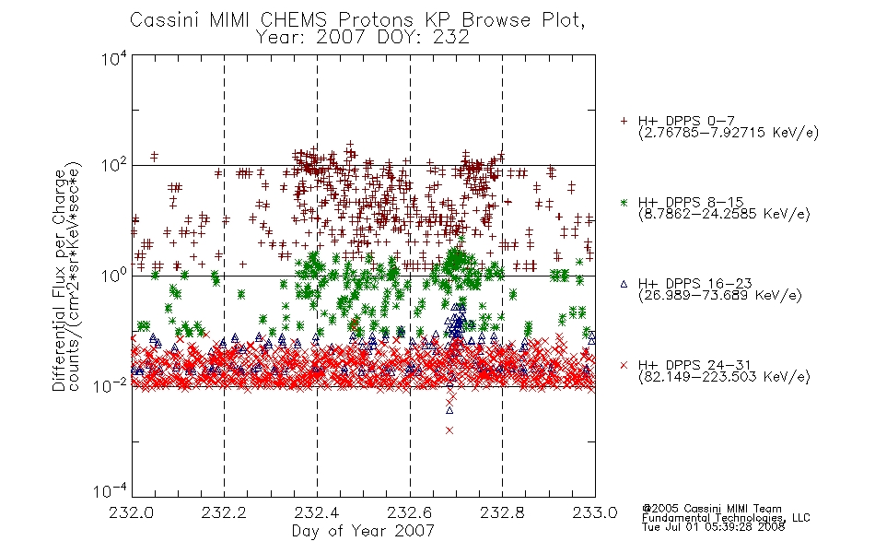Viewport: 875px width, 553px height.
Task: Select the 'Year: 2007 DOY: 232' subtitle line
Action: point(362,37)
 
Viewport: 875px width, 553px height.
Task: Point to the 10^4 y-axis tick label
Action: point(115,58)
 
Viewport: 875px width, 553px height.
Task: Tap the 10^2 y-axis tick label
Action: point(115,165)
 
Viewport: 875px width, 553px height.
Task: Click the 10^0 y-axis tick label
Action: point(115,276)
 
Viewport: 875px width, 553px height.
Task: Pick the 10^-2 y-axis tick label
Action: point(111,385)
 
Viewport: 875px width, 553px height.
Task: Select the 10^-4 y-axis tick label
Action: point(111,490)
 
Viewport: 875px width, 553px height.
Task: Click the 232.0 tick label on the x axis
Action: point(131,512)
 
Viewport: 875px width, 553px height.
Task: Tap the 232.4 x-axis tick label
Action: point(317,512)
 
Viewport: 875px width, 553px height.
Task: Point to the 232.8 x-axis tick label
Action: point(502,512)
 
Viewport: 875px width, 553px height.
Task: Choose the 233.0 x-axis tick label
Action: point(595,512)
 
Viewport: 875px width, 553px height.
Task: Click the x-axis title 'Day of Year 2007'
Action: point(363,531)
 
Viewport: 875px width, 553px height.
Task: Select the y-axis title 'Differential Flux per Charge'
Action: point(59,280)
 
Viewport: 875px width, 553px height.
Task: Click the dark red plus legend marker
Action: point(624,121)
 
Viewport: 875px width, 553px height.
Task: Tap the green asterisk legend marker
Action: point(624,203)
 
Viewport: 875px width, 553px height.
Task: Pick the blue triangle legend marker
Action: point(624,284)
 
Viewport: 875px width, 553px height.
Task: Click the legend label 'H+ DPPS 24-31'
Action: point(694,365)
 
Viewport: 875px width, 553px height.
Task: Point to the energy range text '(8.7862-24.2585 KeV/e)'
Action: point(724,214)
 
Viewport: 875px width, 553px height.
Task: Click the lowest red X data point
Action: point(449,430)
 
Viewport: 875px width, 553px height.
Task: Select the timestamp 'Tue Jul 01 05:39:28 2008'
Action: point(713,527)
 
